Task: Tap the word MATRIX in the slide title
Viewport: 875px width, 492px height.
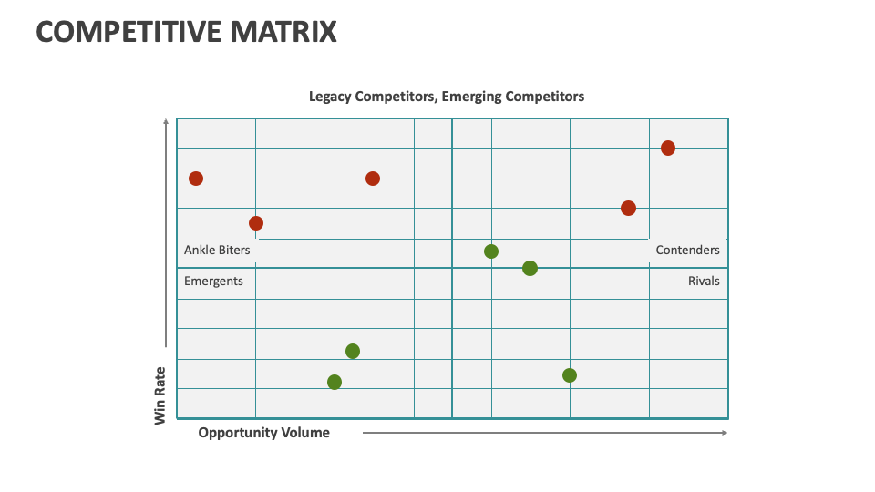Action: (283, 32)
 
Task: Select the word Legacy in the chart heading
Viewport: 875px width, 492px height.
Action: (330, 97)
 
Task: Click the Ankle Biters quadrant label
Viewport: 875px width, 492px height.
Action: (217, 250)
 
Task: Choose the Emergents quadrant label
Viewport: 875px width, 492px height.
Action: (213, 282)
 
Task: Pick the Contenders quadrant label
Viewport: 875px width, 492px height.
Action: (687, 250)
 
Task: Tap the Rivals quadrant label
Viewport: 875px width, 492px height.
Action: (704, 282)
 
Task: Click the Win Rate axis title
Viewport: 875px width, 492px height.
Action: (160, 396)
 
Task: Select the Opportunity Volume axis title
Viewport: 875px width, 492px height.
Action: (264, 433)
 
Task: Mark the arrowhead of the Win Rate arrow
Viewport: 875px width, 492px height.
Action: (166, 120)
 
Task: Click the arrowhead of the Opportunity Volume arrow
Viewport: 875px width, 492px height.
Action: (725, 432)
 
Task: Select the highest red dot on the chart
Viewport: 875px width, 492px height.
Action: (668, 149)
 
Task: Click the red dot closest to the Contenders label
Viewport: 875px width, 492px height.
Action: (628, 208)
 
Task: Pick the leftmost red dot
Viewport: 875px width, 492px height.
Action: (196, 179)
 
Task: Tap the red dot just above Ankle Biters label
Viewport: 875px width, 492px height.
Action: (256, 223)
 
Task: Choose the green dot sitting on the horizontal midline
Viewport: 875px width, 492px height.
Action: (530, 268)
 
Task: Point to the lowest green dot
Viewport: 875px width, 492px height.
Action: (335, 382)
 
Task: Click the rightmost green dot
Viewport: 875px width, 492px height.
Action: (570, 375)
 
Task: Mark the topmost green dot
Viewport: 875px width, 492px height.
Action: (491, 251)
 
